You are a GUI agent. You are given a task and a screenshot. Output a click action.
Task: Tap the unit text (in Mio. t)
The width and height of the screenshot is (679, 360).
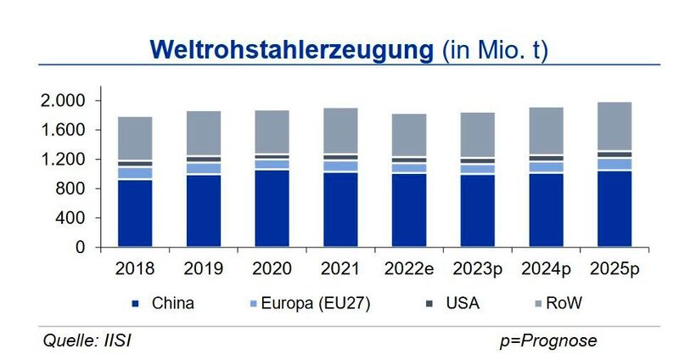click(495, 49)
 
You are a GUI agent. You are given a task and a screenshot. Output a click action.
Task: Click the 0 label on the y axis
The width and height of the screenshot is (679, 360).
click(81, 248)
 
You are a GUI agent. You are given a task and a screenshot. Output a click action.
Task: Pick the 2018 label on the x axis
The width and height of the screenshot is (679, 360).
click(135, 268)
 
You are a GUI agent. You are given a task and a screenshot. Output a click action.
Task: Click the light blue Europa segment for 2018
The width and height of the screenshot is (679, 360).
click(135, 172)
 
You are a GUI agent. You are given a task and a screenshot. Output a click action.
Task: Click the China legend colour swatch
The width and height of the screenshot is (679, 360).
click(135, 302)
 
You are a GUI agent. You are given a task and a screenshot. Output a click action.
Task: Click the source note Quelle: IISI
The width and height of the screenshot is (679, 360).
click(87, 340)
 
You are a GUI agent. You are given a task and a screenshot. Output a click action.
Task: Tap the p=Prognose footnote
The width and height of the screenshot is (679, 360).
click(548, 340)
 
